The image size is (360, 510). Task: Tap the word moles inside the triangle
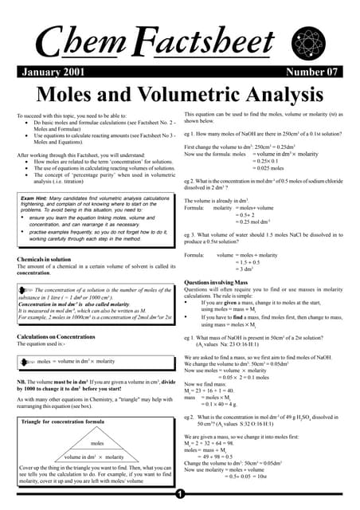pyautogui.click(x=98, y=443)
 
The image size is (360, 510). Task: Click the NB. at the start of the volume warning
pyautogui.click(x=22, y=382)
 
